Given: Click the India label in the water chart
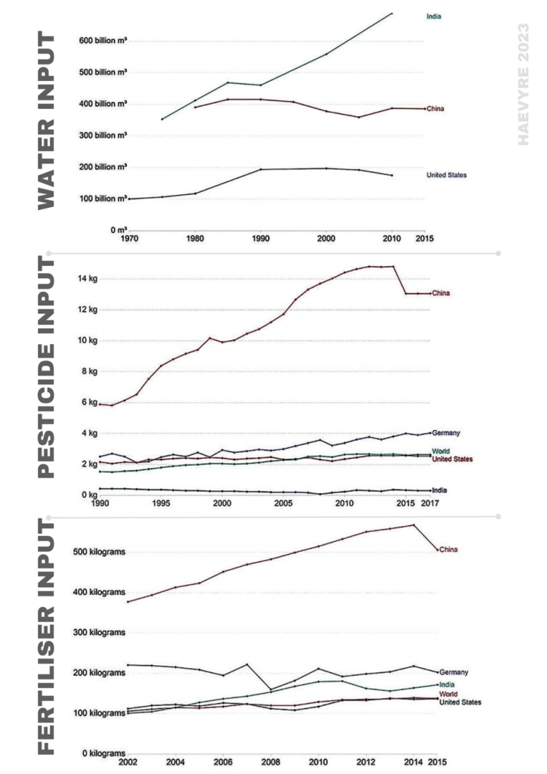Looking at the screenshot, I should (x=434, y=15).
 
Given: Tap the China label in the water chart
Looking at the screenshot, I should (x=434, y=109).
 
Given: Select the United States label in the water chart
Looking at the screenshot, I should (x=447, y=175).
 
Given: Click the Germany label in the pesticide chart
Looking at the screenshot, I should (x=447, y=433).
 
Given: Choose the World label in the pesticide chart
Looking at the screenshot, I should (x=441, y=451).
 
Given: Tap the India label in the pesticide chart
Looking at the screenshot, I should (x=439, y=491).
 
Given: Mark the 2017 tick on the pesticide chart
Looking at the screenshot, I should (x=430, y=503).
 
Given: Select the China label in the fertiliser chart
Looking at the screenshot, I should (x=449, y=550).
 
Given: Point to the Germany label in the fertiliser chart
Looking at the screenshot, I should (x=453, y=672).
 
